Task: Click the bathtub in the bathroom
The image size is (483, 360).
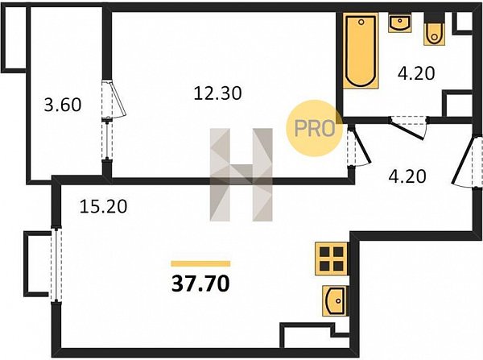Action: tap(361, 51)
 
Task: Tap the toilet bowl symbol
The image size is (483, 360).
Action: tap(434, 34)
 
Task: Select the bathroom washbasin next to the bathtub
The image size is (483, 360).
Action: tap(400, 23)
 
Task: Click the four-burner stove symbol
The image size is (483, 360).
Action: tap(332, 259)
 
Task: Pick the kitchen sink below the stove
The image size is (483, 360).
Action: tap(335, 300)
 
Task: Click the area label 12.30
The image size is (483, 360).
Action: tap(218, 93)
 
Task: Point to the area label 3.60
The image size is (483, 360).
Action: tap(63, 105)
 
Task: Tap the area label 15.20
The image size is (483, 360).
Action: tap(104, 206)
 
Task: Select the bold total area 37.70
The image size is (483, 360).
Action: tap(200, 283)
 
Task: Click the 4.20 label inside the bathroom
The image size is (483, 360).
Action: tap(416, 73)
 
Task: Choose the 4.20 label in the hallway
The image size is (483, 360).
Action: tap(407, 176)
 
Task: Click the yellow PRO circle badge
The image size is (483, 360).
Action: tap(315, 128)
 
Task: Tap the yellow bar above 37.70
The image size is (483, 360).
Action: tap(200, 263)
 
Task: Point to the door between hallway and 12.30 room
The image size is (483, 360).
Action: tap(358, 147)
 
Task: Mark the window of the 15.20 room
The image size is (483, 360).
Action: tap(56, 265)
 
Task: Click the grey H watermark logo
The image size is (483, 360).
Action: tap(242, 175)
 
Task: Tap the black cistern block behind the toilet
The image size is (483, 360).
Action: tap(434, 17)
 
